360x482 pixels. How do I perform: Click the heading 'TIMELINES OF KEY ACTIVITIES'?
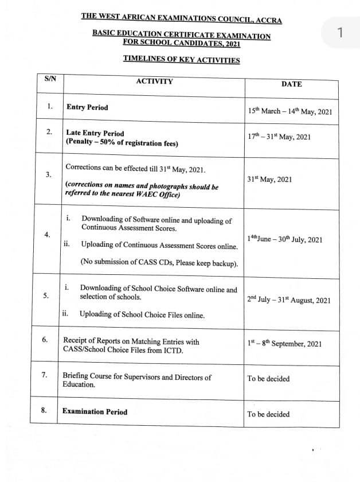(x=181, y=60)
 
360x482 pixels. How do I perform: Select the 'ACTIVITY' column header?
(x=154, y=81)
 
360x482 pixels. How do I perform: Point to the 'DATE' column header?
(x=291, y=84)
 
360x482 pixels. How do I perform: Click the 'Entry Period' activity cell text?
(x=87, y=107)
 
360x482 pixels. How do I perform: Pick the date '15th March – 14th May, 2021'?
(x=290, y=111)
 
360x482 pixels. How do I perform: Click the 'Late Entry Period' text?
(x=95, y=133)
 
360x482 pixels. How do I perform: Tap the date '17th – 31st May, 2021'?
(x=279, y=136)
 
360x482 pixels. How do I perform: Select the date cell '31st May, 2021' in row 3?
(x=269, y=179)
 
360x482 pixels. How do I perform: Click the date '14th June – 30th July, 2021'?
(x=285, y=239)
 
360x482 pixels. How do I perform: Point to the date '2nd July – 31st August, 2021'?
(x=289, y=300)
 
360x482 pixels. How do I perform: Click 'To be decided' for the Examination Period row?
(x=268, y=414)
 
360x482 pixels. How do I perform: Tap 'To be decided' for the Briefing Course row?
(x=268, y=379)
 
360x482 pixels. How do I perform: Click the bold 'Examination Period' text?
(x=95, y=411)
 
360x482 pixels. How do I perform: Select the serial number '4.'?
(x=46, y=235)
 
